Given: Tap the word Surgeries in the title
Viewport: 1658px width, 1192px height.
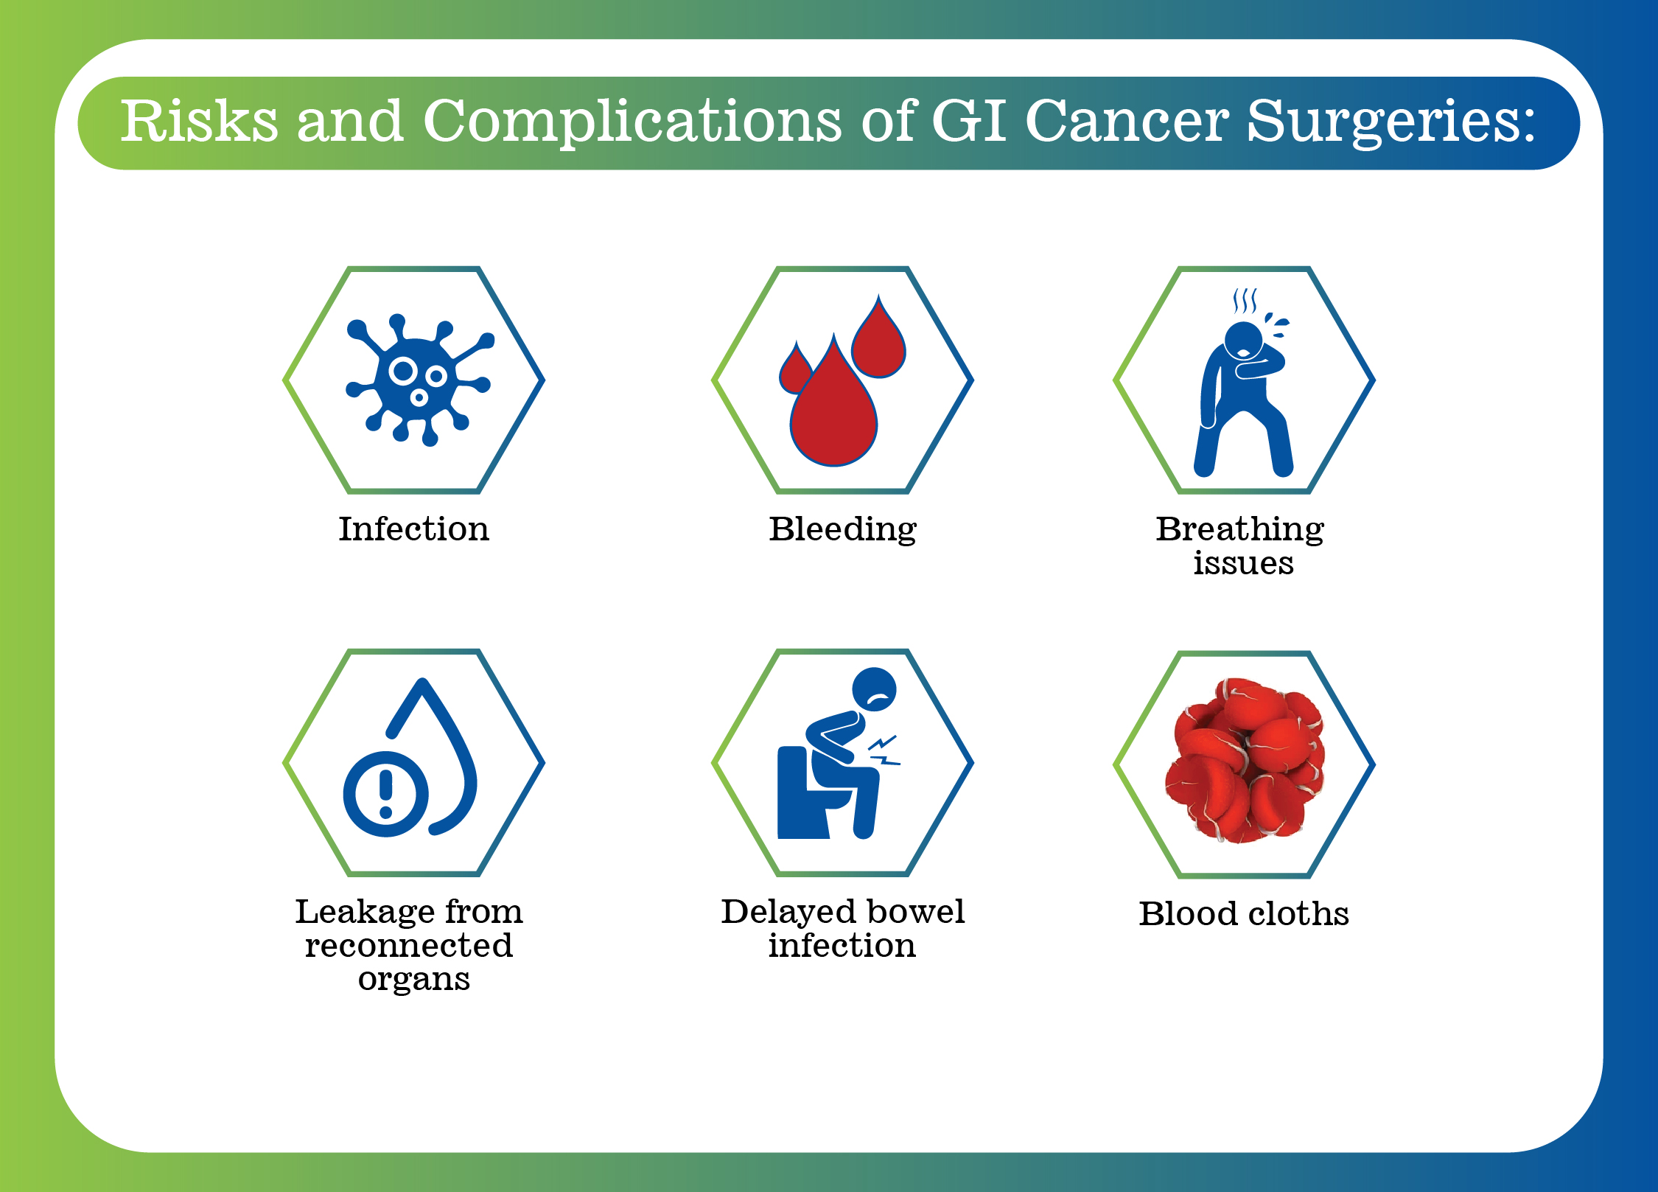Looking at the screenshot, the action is pos(1391,122).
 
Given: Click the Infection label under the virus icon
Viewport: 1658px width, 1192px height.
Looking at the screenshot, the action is pos(413,529).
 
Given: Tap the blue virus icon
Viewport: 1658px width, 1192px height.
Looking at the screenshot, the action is pos(419,380).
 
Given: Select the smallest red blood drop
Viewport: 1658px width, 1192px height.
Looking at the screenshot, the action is pos(795,369).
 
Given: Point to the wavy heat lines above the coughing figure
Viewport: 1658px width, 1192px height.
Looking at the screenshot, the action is pos(1245,301).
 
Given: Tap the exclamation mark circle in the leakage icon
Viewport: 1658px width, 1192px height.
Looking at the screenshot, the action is pos(385,794).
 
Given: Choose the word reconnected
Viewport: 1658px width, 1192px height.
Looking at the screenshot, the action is pos(409,946).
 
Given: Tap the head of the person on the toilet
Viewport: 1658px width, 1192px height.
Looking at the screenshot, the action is pos(874,690).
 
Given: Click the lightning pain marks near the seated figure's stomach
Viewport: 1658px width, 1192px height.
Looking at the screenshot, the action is pos(884,750).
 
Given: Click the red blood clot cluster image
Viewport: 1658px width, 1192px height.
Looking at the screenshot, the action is pos(1244,761).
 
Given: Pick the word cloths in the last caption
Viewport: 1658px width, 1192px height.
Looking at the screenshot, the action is pos(1298,914).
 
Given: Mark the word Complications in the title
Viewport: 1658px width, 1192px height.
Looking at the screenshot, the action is pos(632,122).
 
